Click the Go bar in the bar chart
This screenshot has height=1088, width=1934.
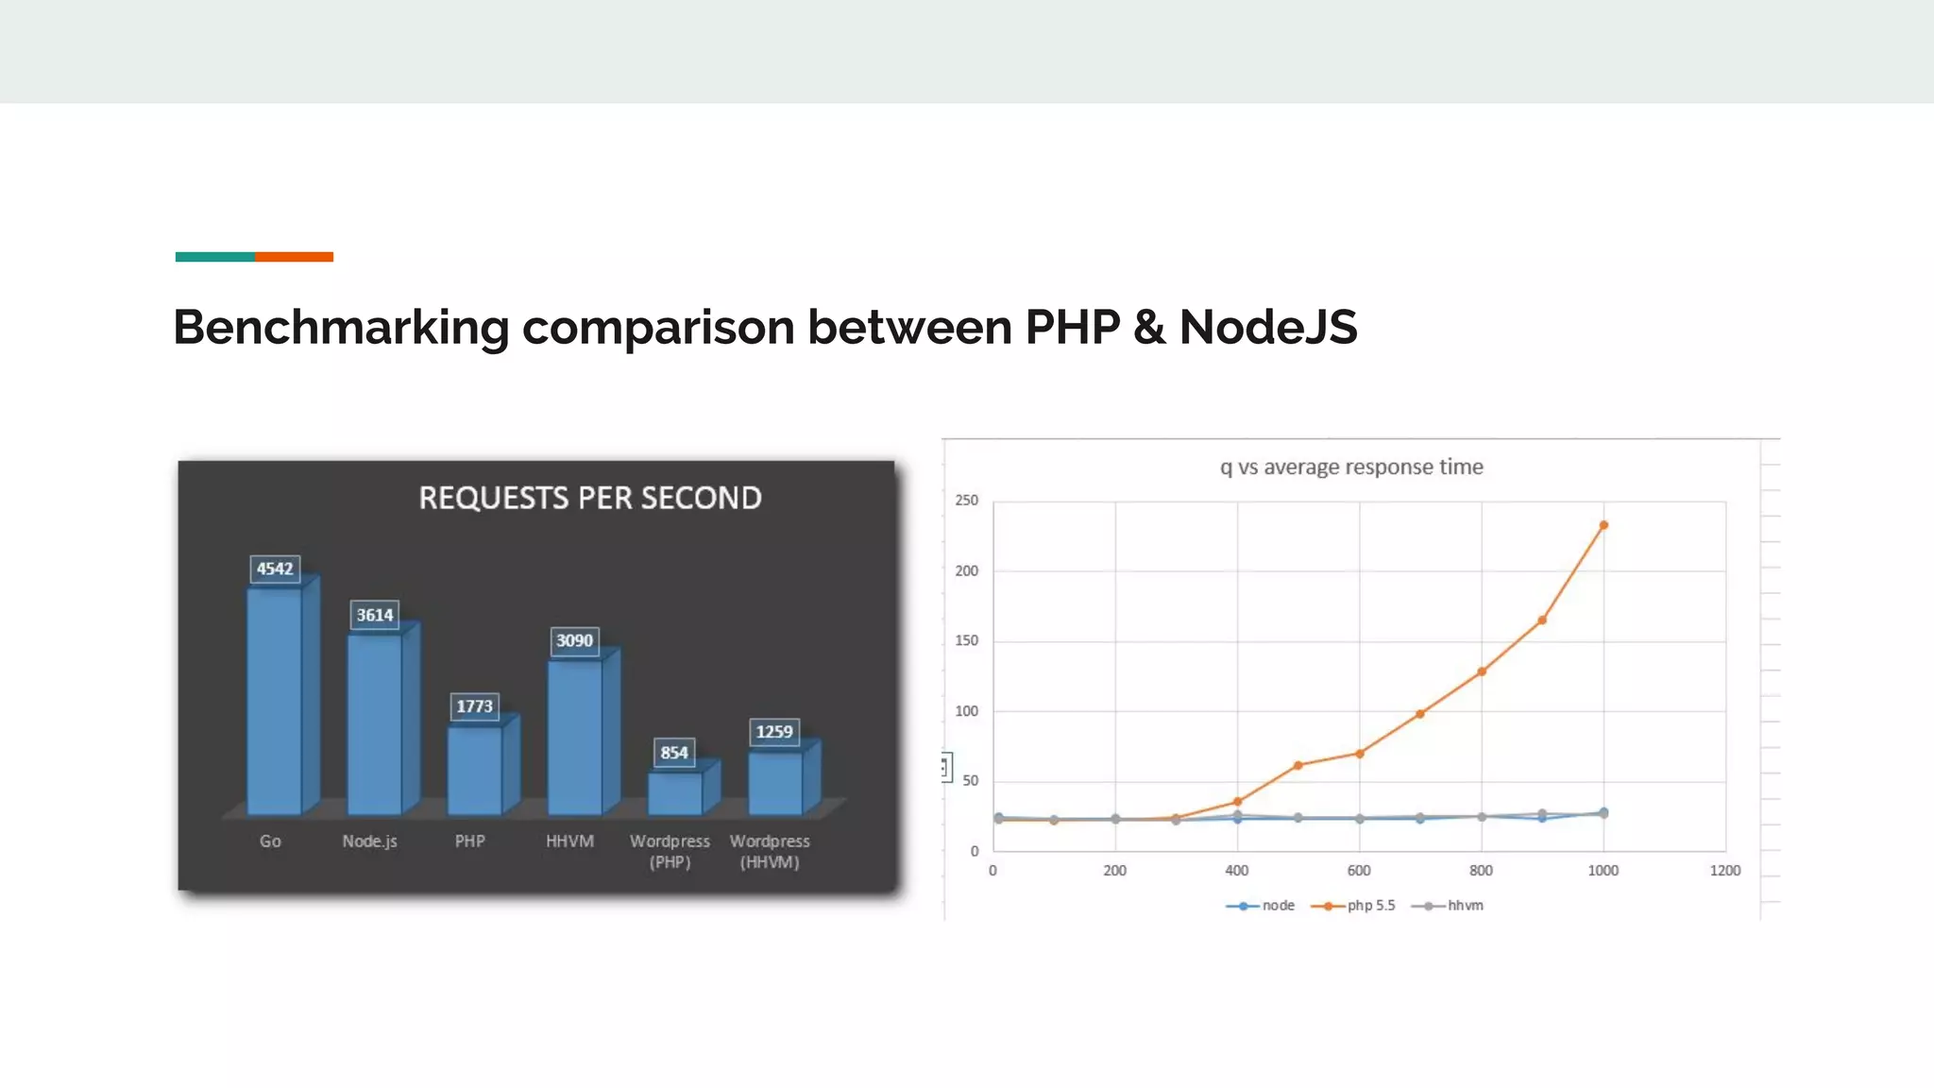275,701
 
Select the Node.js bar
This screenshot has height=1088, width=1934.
375,724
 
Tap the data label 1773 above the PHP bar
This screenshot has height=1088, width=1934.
474,706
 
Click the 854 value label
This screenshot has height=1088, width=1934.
674,753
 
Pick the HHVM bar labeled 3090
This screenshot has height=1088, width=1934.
575,737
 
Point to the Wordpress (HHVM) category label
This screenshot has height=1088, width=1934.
770,851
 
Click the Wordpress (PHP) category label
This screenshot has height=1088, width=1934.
670,851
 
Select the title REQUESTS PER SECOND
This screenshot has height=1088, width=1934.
590,498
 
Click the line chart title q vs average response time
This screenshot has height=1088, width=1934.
1351,467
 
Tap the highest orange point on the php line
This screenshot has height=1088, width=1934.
1603,525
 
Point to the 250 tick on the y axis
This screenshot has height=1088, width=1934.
966,501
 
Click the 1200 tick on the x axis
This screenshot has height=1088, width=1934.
1724,871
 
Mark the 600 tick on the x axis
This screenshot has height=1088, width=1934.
1359,871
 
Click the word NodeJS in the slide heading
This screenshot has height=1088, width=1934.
1267,328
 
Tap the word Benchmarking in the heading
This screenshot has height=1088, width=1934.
341,328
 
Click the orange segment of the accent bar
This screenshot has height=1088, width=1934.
294,257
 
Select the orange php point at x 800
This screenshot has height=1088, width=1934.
1482,671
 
